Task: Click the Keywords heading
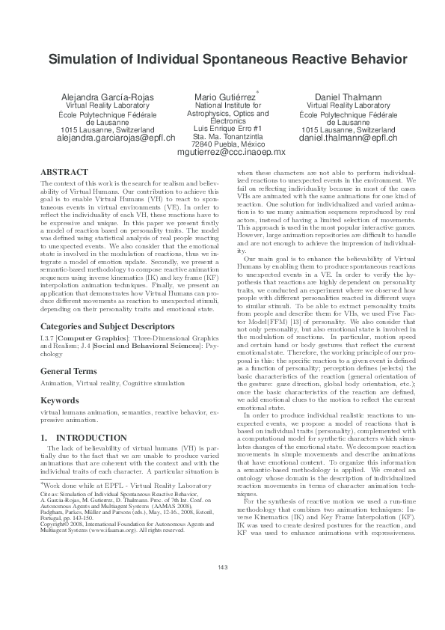[61, 400]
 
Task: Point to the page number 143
[222, 608]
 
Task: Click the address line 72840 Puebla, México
[223, 144]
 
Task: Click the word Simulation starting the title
[80, 59]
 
